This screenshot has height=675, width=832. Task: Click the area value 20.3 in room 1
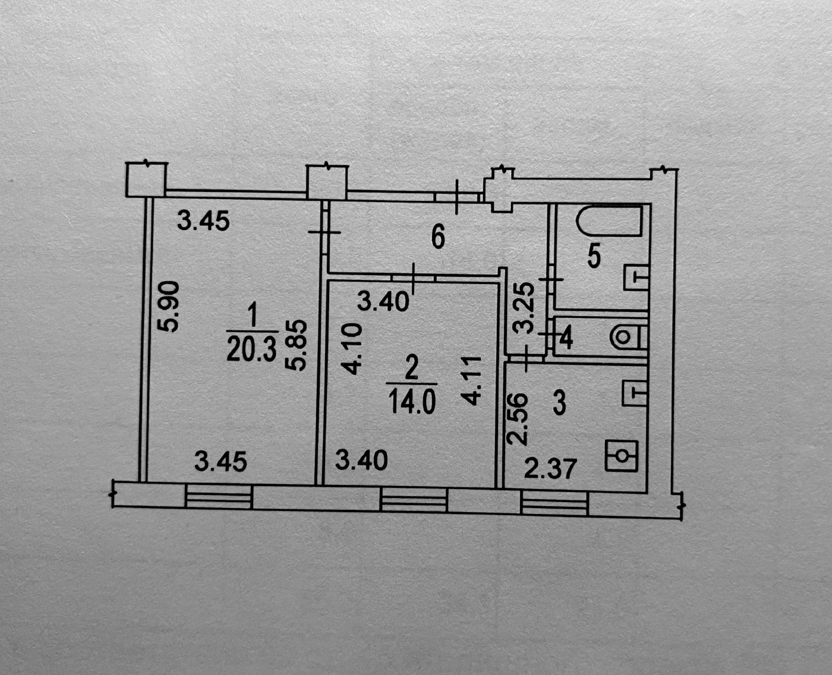coord(251,351)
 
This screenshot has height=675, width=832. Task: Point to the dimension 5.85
coord(298,345)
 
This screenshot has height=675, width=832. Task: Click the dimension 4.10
coord(351,349)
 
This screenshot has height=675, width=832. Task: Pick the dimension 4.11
coord(470,381)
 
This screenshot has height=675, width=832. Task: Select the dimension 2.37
coord(550,469)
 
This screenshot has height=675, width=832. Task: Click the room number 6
coord(437,238)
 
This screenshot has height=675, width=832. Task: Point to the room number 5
coord(594,257)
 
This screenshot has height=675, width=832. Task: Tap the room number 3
coord(559,404)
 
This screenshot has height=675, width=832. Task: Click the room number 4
coord(566,338)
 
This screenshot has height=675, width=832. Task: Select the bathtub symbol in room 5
coord(610,220)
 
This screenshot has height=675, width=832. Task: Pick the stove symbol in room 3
coord(621,456)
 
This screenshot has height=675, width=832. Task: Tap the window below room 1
coord(219,497)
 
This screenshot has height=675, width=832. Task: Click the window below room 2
coord(414,499)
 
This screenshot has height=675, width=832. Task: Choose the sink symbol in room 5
coord(635,277)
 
